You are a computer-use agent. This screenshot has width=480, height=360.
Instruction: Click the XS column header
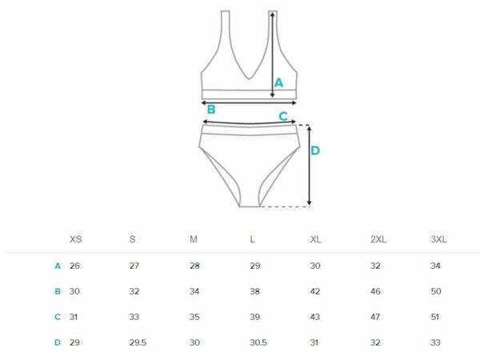[x=76, y=239]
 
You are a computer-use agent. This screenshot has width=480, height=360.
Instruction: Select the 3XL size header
[x=438, y=239]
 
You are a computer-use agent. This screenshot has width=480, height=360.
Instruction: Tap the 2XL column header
[x=378, y=239]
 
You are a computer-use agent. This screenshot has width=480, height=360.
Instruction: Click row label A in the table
[x=58, y=266]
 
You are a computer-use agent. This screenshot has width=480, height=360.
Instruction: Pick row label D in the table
[x=58, y=342]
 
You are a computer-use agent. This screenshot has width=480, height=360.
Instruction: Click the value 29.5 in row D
[x=138, y=342]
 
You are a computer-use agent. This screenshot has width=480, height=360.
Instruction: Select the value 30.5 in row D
[x=258, y=342]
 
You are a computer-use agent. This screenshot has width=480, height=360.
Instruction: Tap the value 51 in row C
[x=435, y=317]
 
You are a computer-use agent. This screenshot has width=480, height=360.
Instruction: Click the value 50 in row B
[x=436, y=291]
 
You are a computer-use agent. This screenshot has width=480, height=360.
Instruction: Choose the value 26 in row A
[x=74, y=266]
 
